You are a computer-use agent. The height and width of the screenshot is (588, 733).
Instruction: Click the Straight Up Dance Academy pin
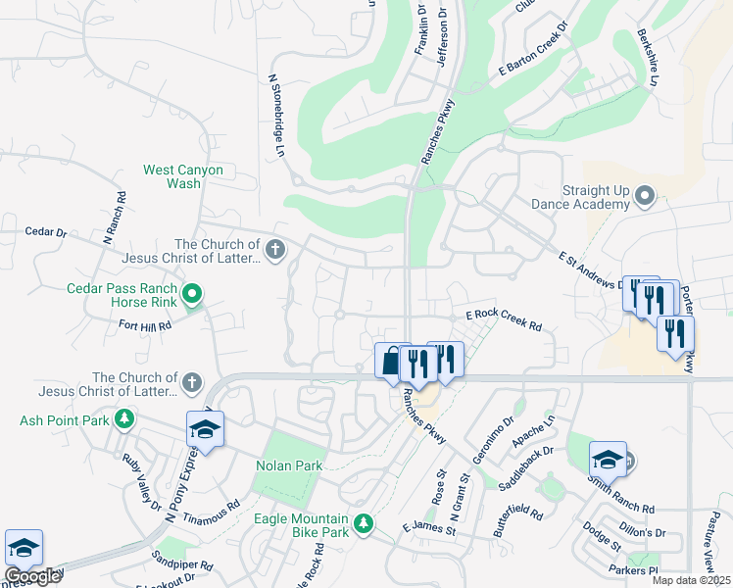point(645,196)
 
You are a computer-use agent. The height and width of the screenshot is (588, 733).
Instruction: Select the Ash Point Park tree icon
point(123,420)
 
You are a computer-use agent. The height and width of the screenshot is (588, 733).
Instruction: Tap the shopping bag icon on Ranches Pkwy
point(391,361)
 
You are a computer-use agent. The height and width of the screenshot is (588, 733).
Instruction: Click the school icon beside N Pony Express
point(206,429)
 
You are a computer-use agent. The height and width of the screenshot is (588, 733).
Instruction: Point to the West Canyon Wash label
point(183,176)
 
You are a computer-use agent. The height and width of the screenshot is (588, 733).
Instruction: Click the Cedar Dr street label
point(45,233)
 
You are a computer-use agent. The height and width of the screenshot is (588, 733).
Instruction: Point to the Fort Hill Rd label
point(145,324)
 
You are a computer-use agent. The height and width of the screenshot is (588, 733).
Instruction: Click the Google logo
point(32,577)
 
